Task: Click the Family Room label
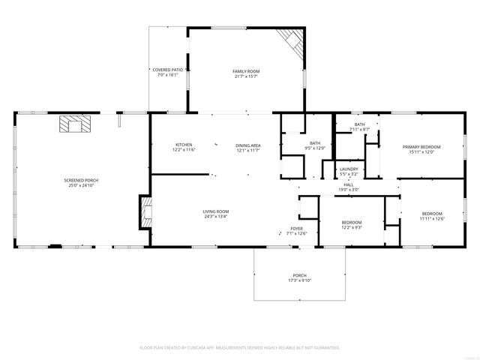(244, 70)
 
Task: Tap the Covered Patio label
(166, 70)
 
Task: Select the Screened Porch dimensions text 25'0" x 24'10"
(81, 185)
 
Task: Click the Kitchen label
(184, 145)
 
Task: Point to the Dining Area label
(247, 145)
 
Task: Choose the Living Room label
(215, 211)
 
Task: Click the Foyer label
(297, 228)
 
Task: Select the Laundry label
(349, 169)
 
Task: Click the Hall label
(349, 184)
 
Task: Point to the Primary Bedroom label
(421, 147)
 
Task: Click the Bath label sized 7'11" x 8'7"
(360, 124)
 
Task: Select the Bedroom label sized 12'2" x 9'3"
(352, 222)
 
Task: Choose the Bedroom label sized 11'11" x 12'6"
(431, 213)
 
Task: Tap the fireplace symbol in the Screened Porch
(73, 124)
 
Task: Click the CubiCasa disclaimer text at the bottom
(240, 347)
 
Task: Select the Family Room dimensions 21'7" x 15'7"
(244, 76)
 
